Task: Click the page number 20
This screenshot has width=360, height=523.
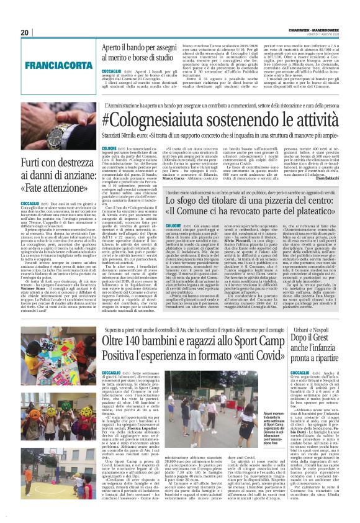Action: (x=24, y=32)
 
